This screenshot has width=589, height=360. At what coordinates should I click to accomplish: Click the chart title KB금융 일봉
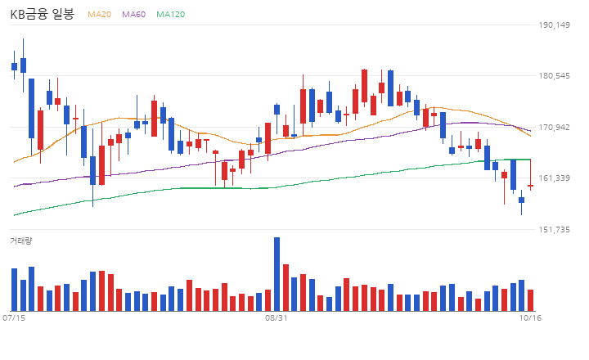pos(42,14)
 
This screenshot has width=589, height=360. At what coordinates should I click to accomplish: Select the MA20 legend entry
pos(100,14)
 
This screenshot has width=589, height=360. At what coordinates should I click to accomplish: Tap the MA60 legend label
pos(133,14)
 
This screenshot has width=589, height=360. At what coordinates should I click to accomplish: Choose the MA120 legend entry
pos(170,14)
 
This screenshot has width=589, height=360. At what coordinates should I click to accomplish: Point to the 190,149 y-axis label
pos(554,25)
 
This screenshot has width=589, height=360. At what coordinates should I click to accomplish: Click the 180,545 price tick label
pos(554,76)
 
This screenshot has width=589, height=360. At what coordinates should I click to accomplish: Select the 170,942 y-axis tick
pos(554,128)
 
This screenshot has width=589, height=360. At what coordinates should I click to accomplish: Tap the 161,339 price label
pos(554,178)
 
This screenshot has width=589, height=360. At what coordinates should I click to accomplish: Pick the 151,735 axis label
pos(554,230)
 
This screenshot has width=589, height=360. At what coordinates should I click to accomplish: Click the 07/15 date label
pos(14,318)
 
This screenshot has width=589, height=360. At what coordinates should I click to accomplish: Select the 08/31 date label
pos(277,318)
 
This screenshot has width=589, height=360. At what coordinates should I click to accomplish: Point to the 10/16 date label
pos(530,318)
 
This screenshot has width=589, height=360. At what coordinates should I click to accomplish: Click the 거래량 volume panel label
pos(21,241)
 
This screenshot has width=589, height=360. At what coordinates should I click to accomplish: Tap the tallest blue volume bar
pos(277,274)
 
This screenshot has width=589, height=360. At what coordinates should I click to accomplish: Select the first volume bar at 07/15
pos(14,290)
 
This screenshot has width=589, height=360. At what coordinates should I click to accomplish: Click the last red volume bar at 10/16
pos(530,300)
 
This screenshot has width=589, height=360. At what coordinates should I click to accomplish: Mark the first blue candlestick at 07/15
pos(14,65)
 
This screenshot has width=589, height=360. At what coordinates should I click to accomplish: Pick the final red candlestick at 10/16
pos(530,186)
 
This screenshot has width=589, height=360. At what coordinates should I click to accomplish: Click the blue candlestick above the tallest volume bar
pos(277,110)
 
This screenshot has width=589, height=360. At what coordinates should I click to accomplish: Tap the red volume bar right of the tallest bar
pos(286,287)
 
